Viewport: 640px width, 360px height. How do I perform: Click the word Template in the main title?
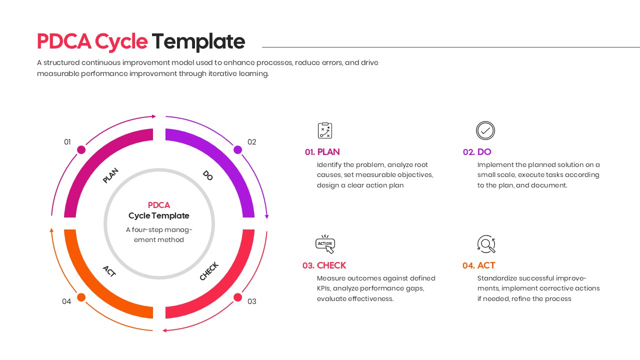[x=198, y=41]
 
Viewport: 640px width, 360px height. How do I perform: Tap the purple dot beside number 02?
[x=238, y=149]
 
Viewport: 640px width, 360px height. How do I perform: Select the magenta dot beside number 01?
[x=81, y=149]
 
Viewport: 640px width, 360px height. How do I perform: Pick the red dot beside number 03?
[x=238, y=297]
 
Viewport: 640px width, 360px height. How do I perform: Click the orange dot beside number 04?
[x=81, y=297]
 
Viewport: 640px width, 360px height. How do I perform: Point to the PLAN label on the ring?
[x=110, y=175]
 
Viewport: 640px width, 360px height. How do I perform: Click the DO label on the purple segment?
[x=208, y=175]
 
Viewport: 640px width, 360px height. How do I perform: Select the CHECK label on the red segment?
[x=209, y=271]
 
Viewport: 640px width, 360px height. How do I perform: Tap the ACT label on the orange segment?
[x=109, y=271]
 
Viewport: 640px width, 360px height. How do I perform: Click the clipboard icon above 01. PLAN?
[x=325, y=130]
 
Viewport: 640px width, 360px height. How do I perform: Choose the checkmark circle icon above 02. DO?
[x=485, y=130]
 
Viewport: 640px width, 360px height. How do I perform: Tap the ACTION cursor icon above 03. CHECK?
[x=325, y=244]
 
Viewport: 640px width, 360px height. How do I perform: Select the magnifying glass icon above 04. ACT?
[x=486, y=244]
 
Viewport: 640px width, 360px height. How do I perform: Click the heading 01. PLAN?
[x=322, y=152]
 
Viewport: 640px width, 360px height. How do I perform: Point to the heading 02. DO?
[x=477, y=152]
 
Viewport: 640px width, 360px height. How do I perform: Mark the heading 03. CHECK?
[x=324, y=265]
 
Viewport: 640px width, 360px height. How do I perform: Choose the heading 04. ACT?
[x=478, y=265]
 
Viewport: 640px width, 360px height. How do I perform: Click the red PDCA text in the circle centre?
[x=159, y=205]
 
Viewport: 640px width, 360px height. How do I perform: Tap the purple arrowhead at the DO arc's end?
[x=267, y=216]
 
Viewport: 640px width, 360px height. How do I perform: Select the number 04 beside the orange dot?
[x=66, y=301]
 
